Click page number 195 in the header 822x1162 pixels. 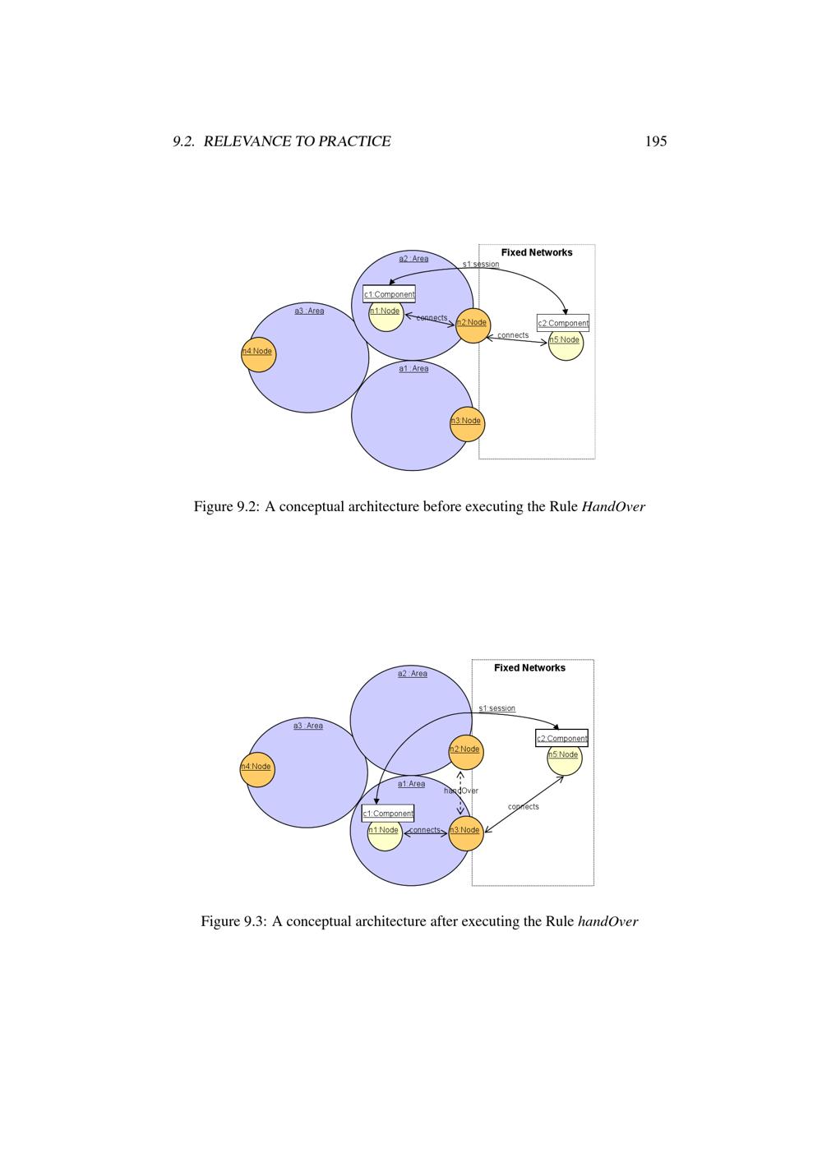tap(655, 141)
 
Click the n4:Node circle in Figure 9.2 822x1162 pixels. tap(258, 354)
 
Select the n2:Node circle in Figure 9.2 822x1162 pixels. tap(473, 325)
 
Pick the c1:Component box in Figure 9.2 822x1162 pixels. tap(389, 293)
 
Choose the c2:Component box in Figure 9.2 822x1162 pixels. tap(563, 323)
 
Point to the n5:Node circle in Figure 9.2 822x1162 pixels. tap(566, 343)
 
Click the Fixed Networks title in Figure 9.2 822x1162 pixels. tap(537, 252)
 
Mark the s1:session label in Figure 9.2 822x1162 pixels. tap(481, 264)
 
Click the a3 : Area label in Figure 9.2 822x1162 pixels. tap(309, 311)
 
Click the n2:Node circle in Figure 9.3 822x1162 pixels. tap(466, 752)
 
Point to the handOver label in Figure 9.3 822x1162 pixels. tap(461, 791)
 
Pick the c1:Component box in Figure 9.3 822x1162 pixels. tap(388, 813)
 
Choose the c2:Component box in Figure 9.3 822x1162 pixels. tap(561, 738)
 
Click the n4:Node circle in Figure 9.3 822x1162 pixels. tap(256, 769)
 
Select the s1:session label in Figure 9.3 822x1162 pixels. tap(496, 708)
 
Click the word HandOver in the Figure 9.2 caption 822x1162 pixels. tap(613, 506)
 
